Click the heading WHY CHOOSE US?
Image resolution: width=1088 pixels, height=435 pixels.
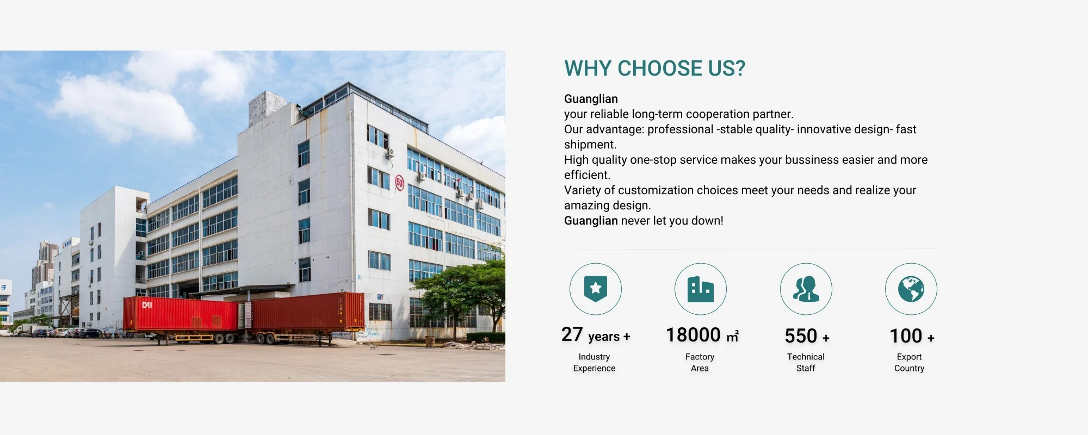tap(654, 69)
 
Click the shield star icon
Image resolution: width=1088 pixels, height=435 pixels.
tap(596, 289)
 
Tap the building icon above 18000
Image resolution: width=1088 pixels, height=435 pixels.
tap(700, 289)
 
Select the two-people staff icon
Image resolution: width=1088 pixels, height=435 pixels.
tap(806, 289)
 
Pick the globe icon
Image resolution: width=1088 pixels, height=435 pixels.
tap(911, 289)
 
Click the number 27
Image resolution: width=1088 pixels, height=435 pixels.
tap(572, 334)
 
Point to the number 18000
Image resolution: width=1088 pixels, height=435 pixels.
tap(693, 335)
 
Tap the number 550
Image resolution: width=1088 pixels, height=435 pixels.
tap(801, 336)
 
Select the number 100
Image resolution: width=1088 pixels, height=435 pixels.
tap(906, 336)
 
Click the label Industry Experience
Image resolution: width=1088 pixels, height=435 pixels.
tap(594, 363)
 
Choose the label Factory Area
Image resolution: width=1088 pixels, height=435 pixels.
tap(700, 363)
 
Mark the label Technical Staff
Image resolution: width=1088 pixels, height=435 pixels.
tap(806, 363)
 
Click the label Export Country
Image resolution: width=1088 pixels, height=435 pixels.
tap(909, 363)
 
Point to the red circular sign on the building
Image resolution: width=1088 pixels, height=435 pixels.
tap(400, 183)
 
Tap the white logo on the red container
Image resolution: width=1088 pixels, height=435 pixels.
tap(147, 305)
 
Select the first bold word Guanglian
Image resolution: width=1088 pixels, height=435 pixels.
tap(591, 99)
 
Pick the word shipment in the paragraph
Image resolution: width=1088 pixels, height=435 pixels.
tap(590, 145)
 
